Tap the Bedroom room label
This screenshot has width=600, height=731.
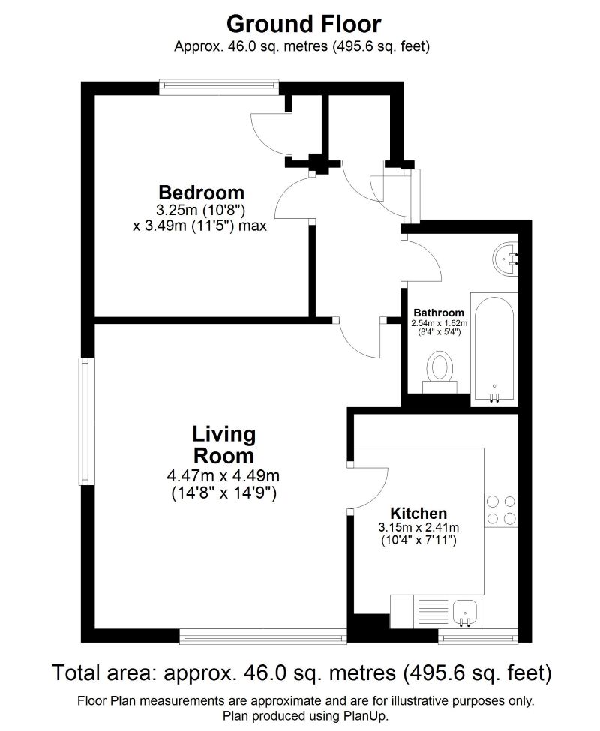(x=200, y=192)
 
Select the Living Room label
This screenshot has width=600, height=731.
(x=223, y=444)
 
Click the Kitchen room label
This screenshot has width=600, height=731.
(x=418, y=513)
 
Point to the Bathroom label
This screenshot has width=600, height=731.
(x=438, y=313)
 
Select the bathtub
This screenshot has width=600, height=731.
(x=493, y=349)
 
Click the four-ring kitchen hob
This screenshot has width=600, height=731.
(x=501, y=510)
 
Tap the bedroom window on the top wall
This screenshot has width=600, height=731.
(x=220, y=87)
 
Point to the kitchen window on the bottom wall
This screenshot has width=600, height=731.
(x=477, y=638)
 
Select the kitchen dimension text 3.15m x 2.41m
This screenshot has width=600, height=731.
(x=418, y=527)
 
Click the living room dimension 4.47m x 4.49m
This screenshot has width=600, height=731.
(x=223, y=475)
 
